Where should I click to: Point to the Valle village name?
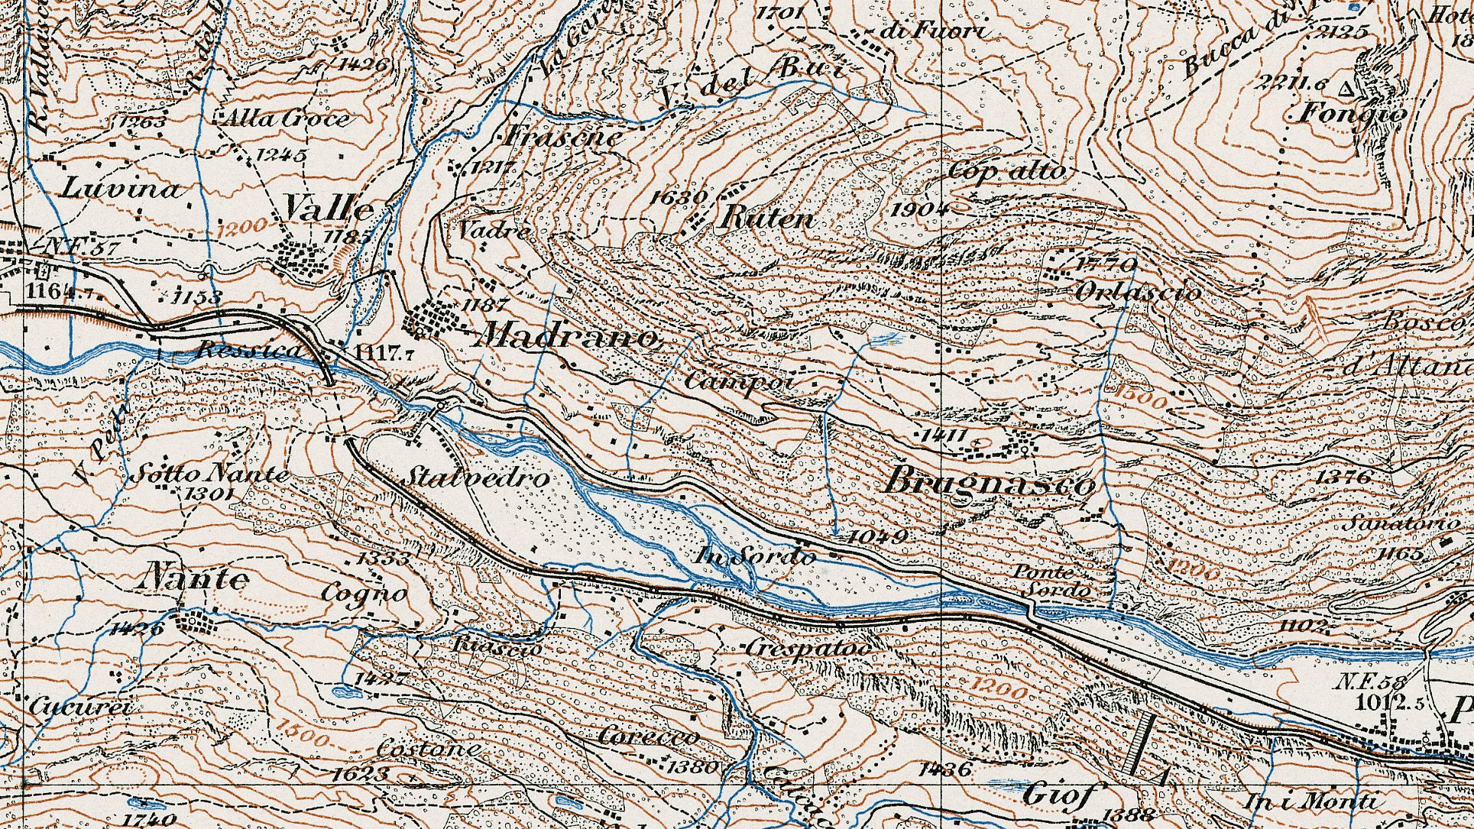(x=329, y=208)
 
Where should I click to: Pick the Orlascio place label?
(x=1138, y=293)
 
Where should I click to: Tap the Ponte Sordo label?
(x=1053, y=581)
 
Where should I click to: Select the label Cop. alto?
(x=1006, y=171)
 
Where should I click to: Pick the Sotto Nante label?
(x=210, y=474)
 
